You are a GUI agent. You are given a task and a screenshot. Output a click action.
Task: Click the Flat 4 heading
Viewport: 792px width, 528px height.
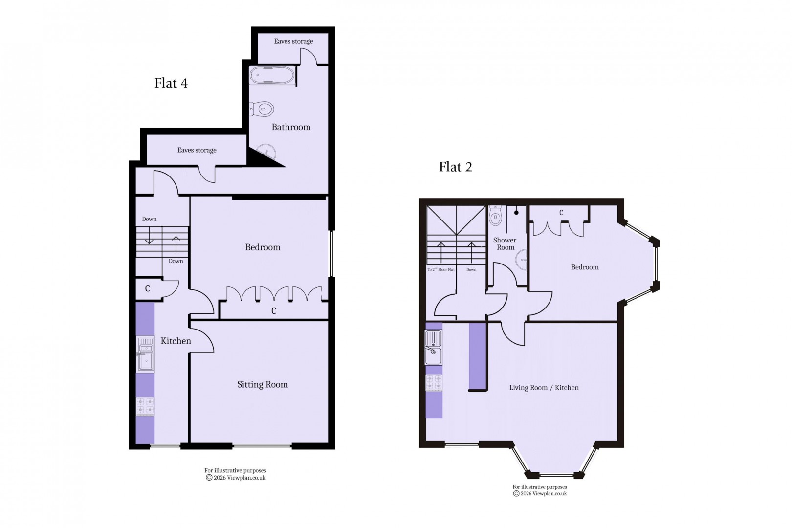(x=171, y=83)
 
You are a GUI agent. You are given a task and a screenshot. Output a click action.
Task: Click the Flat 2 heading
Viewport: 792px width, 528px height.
(x=455, y=167)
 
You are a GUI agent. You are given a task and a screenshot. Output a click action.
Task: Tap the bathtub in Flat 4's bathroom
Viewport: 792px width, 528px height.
(x=272, y=76)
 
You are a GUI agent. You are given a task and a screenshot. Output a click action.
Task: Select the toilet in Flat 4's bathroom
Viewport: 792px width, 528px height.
(x=262, y=108)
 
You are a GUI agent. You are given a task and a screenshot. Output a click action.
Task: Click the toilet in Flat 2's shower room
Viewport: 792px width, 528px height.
(x=495, y=216)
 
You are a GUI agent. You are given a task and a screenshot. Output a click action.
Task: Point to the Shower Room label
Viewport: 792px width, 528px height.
(x=505, y=243)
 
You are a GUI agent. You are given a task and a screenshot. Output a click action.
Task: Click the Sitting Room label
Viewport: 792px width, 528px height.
(x=263, y=385)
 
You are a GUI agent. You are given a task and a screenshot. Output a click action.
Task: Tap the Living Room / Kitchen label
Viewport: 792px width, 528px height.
(x=544, y=388)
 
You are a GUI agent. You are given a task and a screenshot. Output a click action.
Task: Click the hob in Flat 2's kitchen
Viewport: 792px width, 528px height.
(x=434, y=383)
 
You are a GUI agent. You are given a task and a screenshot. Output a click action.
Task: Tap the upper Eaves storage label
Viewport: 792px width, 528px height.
(x=293, y=41)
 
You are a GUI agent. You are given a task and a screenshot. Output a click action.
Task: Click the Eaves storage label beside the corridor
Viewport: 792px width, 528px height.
(x=197, y=150)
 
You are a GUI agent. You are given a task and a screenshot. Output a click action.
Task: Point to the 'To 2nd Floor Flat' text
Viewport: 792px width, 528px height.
(x=440, y=270)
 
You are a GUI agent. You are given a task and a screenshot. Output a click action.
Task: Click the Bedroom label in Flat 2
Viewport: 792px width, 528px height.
(x=585, y=267)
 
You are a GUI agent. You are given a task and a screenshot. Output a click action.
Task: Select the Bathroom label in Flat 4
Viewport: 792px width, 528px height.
(x=291, y=127)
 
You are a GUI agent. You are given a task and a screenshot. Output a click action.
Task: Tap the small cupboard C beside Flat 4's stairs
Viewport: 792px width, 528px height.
(x=147, y=289)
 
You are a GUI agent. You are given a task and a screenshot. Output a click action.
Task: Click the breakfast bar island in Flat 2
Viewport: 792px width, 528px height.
(x=478, y=356)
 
